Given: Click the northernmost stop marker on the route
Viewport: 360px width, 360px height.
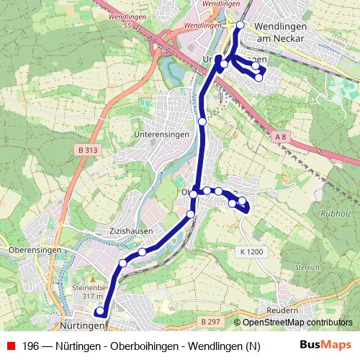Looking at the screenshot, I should [x=240, y=26].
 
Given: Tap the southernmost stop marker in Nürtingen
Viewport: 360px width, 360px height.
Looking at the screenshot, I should [x=101, y=312].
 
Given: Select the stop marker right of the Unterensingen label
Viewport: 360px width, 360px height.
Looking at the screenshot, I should [x=203, y=122].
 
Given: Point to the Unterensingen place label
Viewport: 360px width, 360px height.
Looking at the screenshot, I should [x=161, y=134].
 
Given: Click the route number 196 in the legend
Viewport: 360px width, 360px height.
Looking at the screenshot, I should [x=31, y=346].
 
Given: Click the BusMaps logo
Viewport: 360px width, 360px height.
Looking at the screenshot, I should [x=325, y=346].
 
